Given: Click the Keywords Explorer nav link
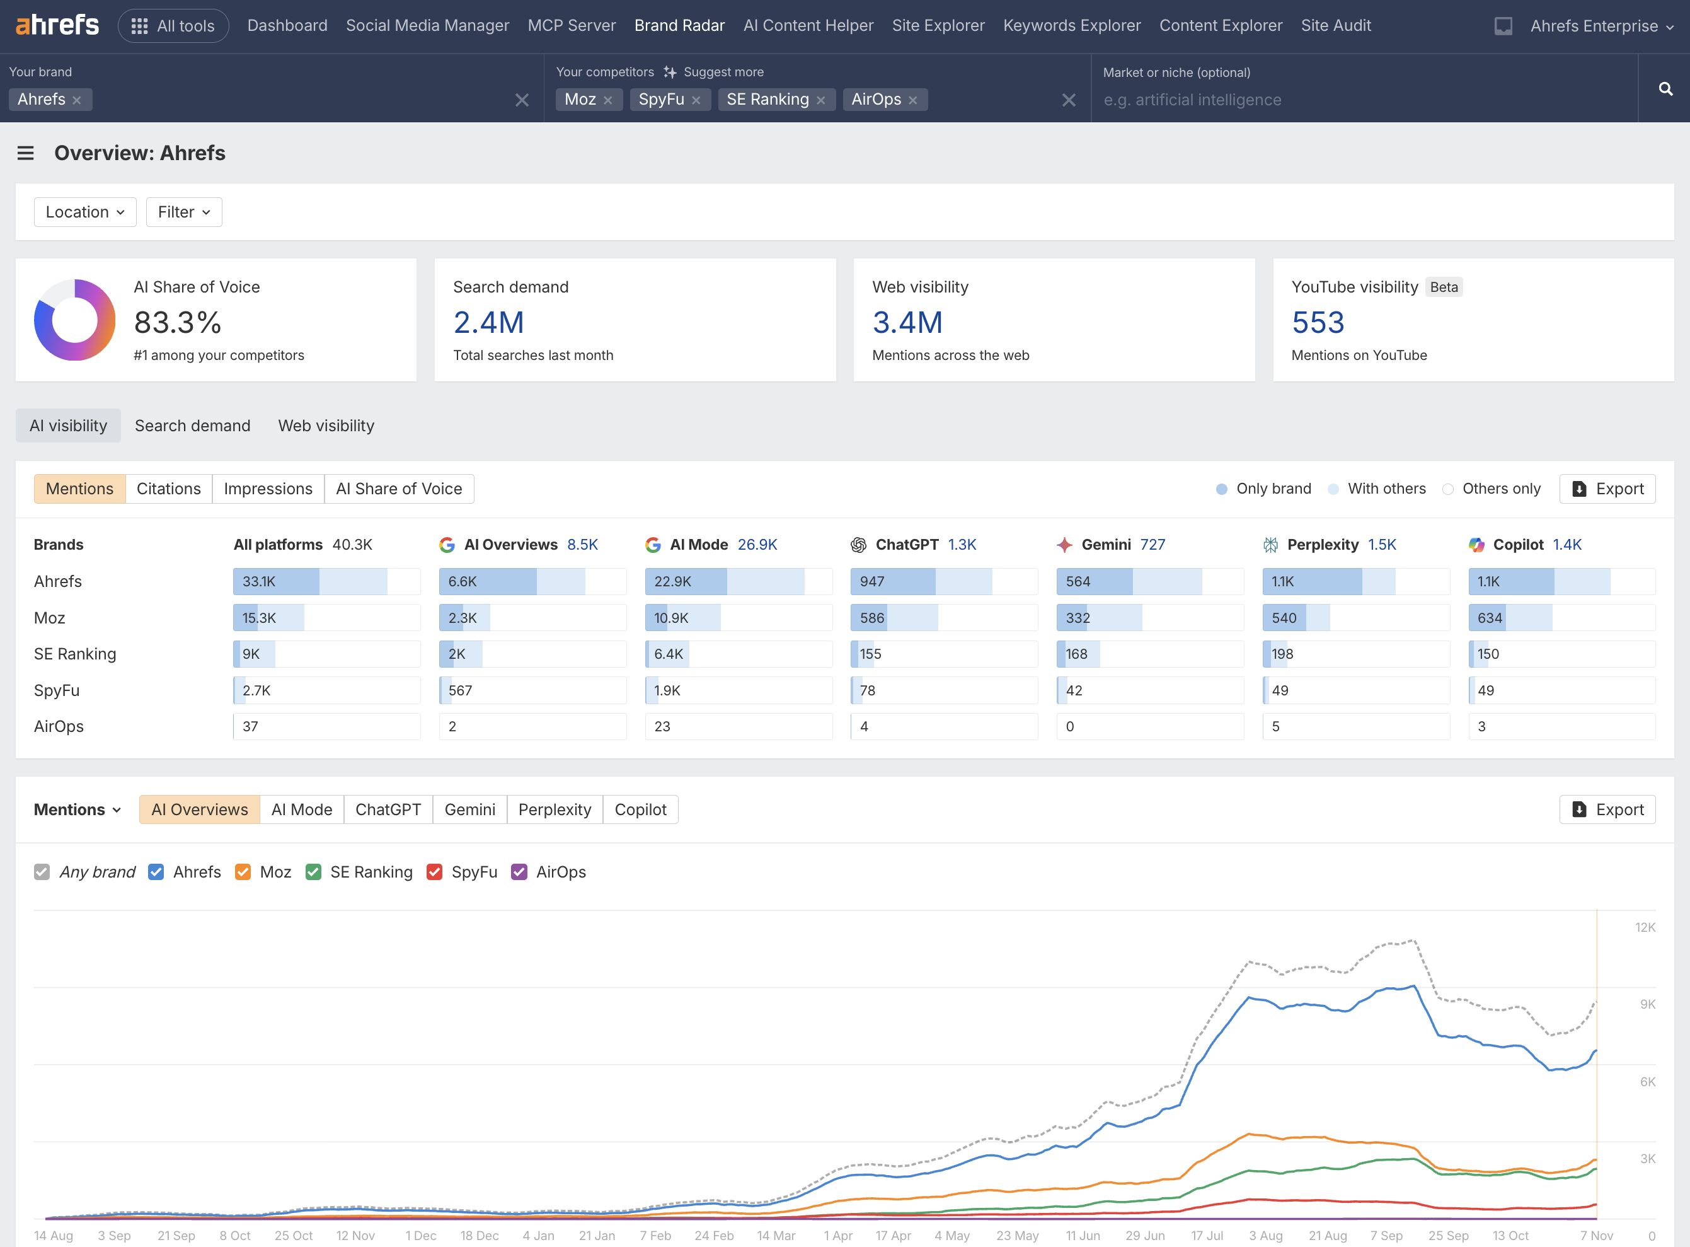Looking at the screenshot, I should click(1071, 26).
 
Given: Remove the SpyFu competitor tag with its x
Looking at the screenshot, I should click(696, 100).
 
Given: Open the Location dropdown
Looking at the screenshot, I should click(84, 212).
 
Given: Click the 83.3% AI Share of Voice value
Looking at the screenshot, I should click(177, 323).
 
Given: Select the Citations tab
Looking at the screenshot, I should click(168, 489).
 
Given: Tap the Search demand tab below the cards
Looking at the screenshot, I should click(192, 426).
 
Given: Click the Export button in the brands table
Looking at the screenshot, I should click(1607, 489).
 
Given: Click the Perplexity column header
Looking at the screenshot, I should click(1322, 545).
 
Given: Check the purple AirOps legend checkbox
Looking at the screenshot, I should click(519, 873).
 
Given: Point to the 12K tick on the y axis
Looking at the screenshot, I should click(1645, 928).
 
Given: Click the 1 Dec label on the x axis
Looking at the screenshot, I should click(420, 1236).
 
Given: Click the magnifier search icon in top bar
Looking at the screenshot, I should click(1665, 89).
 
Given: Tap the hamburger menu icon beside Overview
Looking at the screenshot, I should click(26, 153).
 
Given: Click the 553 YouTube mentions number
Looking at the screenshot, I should click(1318, 323).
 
